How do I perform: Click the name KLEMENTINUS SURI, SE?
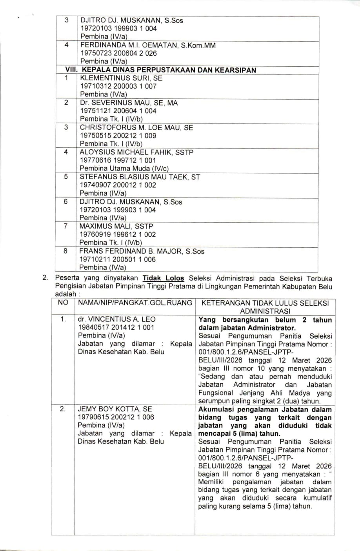point(121,78)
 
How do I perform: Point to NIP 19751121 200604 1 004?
point(118,111)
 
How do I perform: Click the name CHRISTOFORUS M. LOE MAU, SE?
point(136,127)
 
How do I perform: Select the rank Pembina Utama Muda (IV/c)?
point(124,169)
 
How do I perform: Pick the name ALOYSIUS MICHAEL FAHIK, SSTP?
point(136,152)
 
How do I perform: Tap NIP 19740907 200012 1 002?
point(118,185)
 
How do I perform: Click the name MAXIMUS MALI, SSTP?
point(116,226)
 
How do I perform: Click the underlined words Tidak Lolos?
point(163,278)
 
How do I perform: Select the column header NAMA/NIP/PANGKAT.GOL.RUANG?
point(135,303)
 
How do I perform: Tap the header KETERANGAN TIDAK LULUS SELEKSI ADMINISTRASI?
point(265,306)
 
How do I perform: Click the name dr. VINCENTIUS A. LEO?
point(116,319)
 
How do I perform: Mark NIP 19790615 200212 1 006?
point(116,417)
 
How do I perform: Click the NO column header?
point(63,303)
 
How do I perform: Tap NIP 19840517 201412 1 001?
point(116,327)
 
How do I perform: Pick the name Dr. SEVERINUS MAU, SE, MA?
point(129,103)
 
